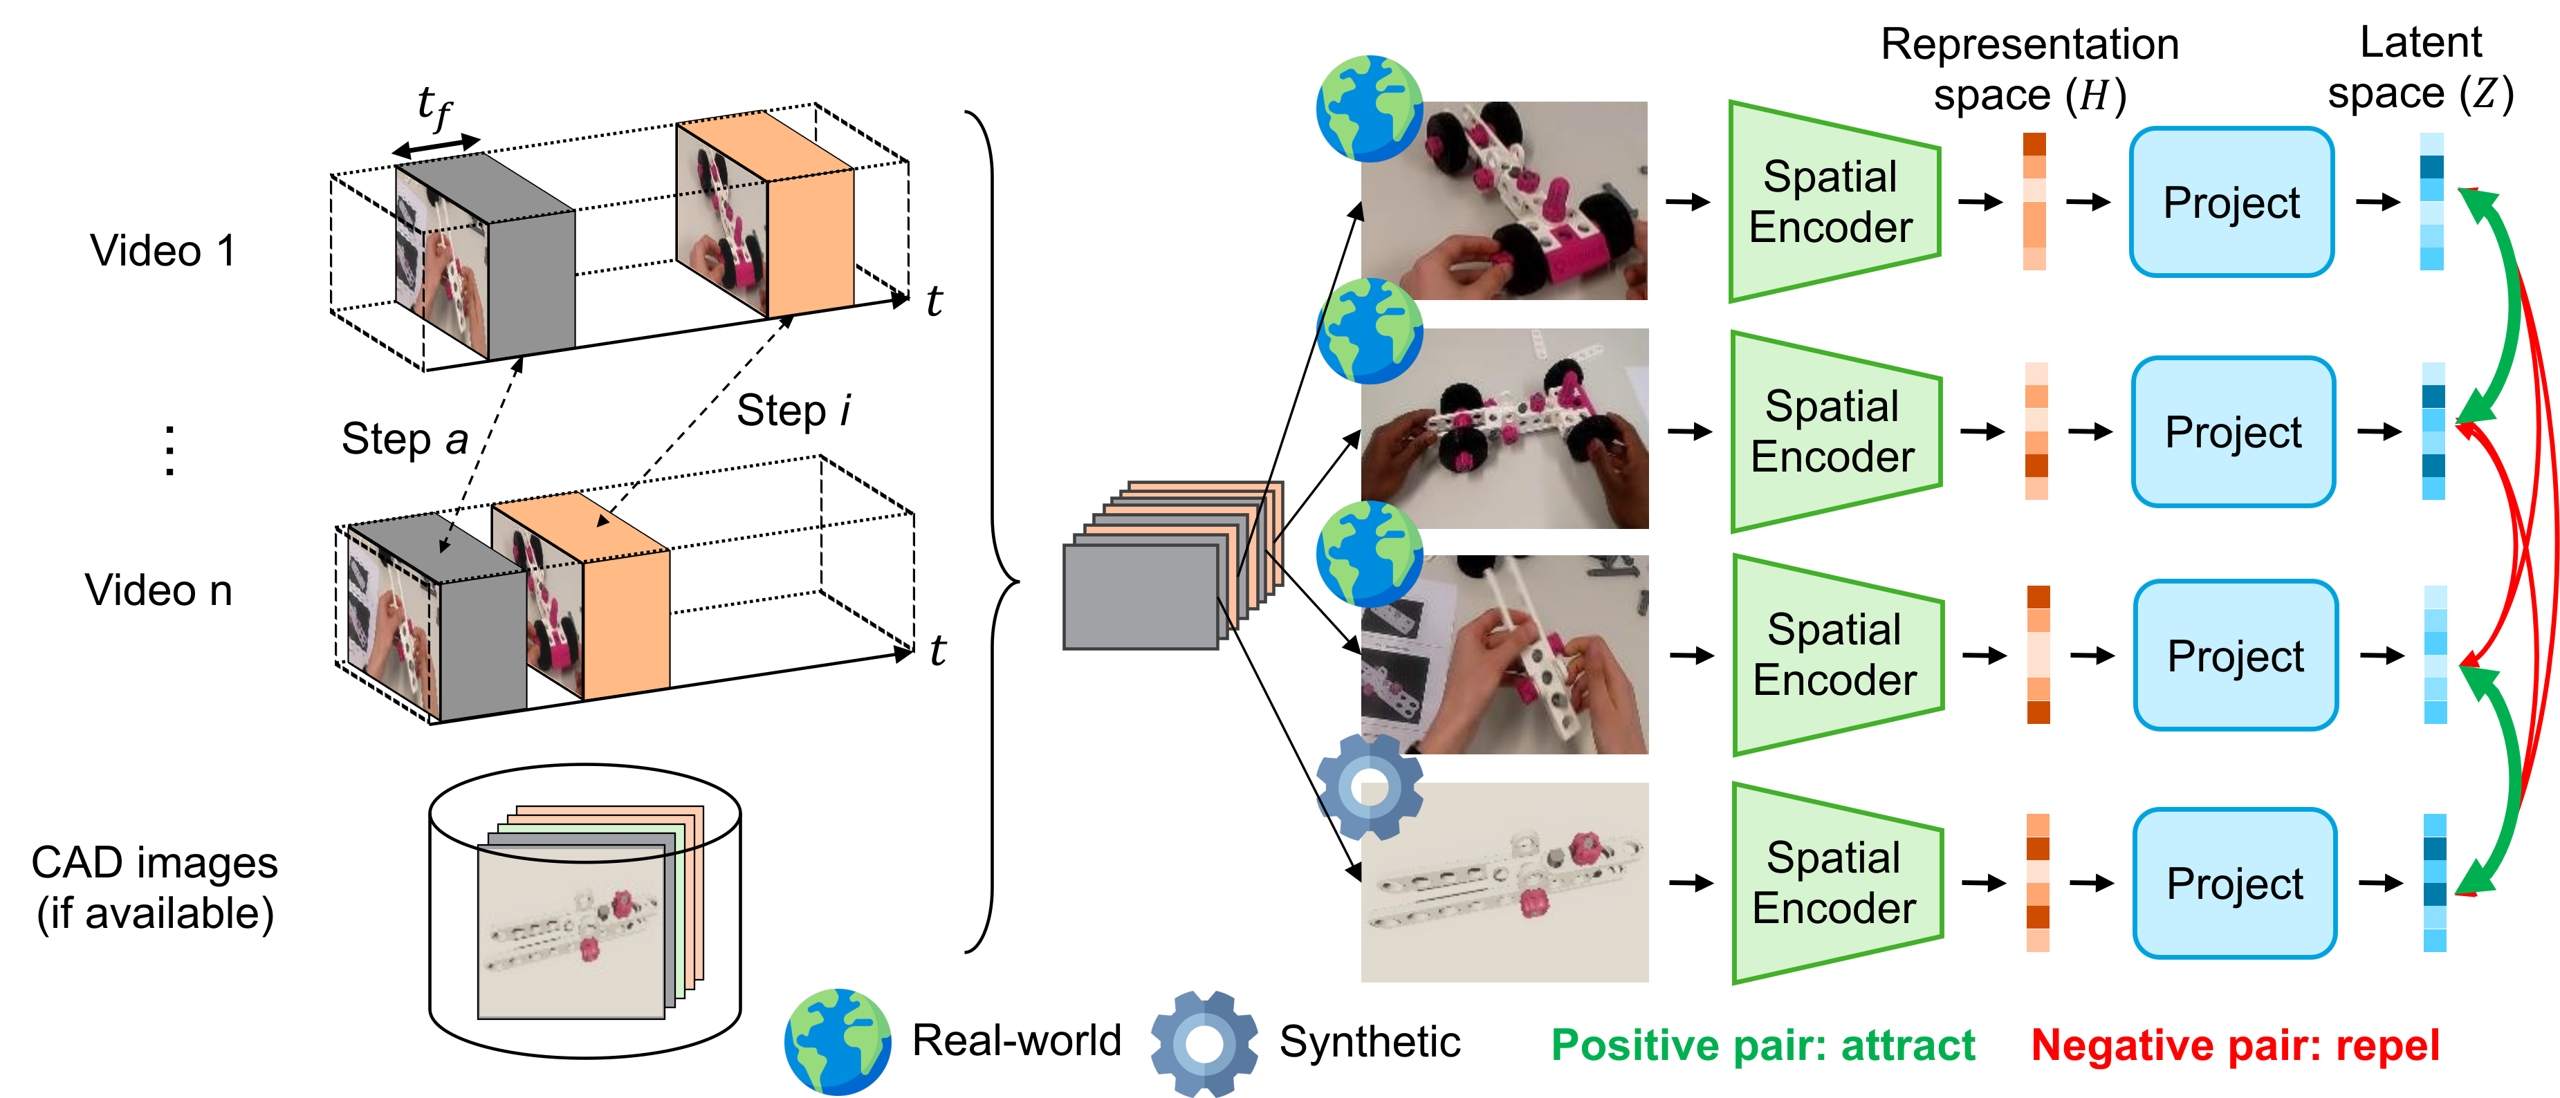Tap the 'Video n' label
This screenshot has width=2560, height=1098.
click(159, 590)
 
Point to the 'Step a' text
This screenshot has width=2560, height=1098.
click(405, 438)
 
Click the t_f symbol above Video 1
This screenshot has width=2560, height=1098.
click(434, 106)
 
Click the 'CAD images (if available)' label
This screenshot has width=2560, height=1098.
click(154, 887)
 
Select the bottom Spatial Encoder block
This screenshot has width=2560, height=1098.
click(1834, 884)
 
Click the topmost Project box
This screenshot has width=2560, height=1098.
click(2231, 203)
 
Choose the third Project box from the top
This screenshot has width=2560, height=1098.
click(2235, 655)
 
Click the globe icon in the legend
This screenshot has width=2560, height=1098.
click(837, 1041)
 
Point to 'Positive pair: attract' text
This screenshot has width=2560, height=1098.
click(1763, 1045)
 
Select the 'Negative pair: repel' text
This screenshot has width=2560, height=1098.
click(2235, 1045)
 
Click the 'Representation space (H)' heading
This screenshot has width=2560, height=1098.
click(2029, 70)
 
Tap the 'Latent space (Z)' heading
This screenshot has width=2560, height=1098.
click(2421, 68)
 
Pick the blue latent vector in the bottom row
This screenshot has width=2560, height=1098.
click(2435, 882)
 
